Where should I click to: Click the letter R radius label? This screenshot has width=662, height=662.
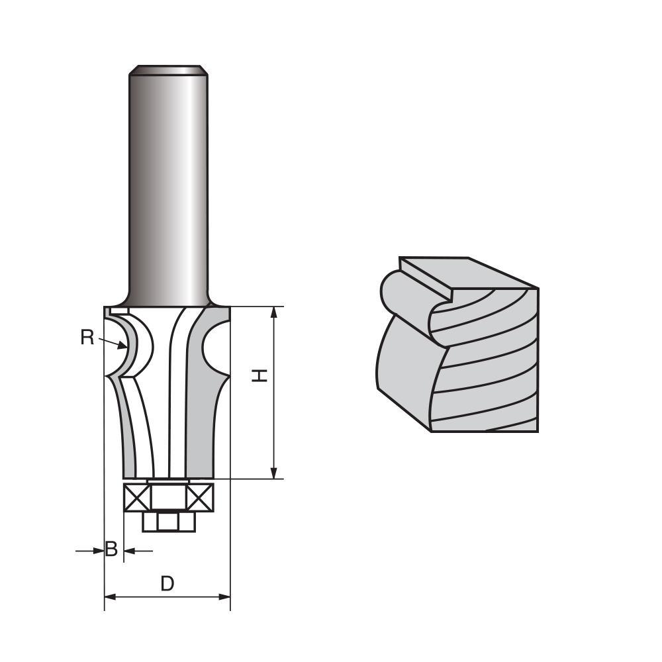87,338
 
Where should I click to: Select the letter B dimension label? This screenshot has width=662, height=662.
112,549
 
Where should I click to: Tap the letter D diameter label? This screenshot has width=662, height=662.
167,583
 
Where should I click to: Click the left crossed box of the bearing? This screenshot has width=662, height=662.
138,496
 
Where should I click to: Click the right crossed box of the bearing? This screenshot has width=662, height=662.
200,496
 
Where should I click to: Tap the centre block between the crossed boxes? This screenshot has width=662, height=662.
169,496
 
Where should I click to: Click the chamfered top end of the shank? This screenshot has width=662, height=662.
168,70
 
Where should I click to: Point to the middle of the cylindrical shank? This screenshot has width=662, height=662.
168,185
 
